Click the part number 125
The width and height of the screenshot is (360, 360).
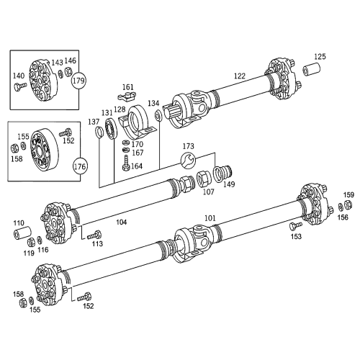pyautogui.click(x=320, y=56)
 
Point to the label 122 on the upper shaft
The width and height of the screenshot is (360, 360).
pyautogui.click(x=240, y=75)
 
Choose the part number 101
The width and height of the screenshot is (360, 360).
pyautogui.click(x=210, y=217)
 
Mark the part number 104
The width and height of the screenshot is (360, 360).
pyautogui.click(x=122, y=223)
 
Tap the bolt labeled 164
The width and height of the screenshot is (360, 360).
pyautogui.click(x=126, y=166)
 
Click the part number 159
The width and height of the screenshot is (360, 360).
pyautogui.click(x=348, y=195)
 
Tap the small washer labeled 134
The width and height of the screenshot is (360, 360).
pyautogui.click(x=158, y=115)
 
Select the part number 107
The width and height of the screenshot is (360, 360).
pyautogui.click(x=209, y=192)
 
